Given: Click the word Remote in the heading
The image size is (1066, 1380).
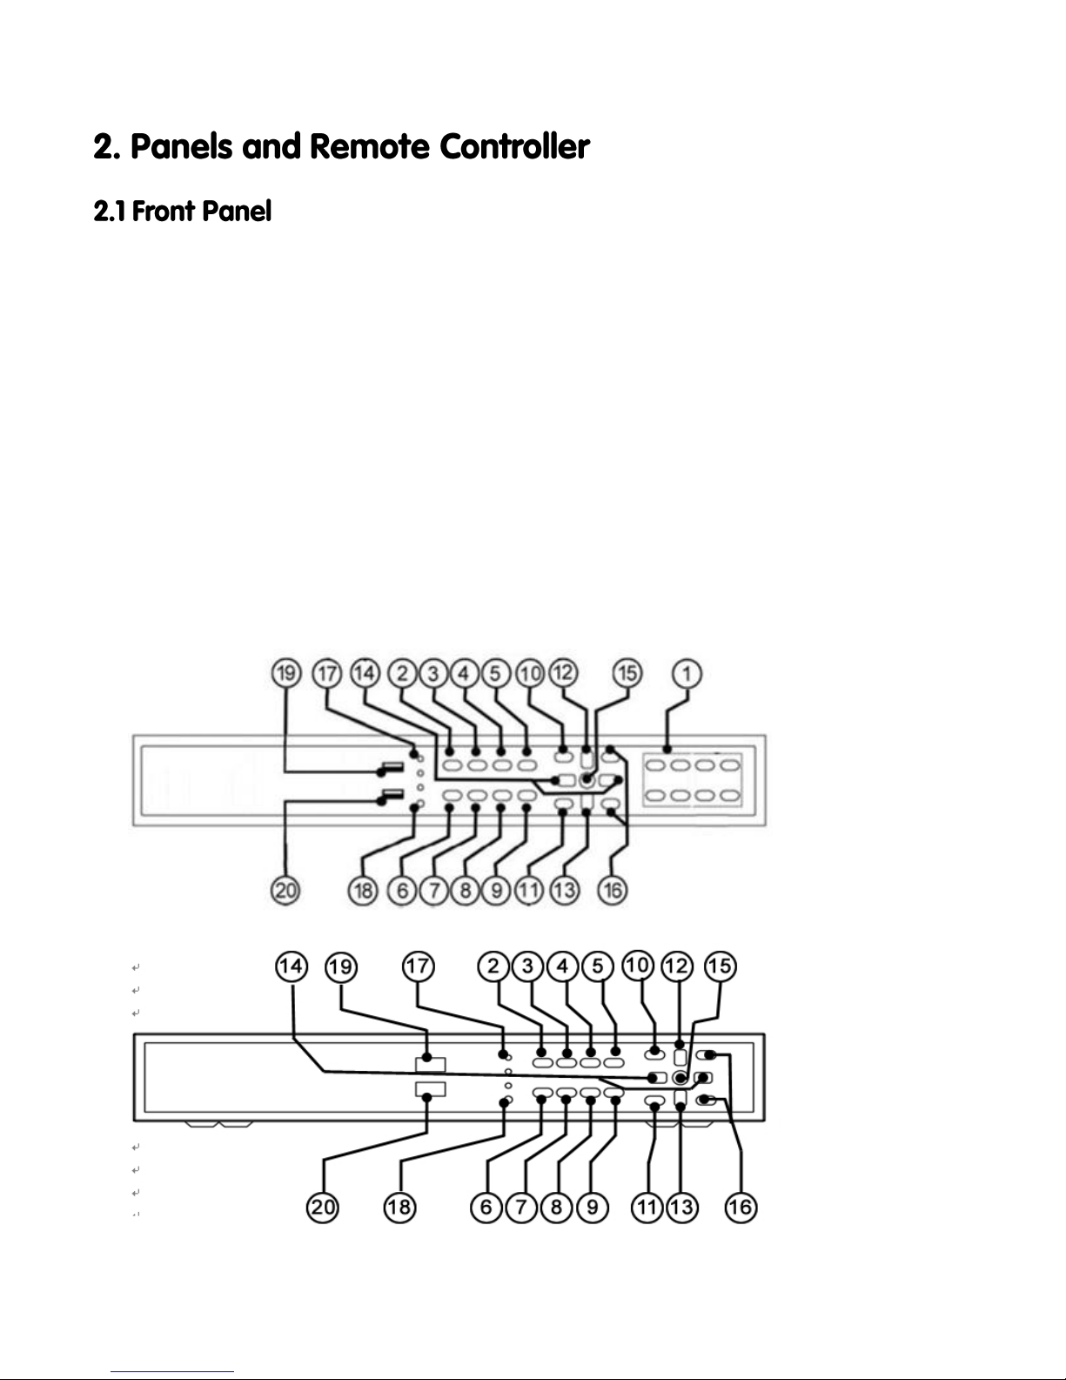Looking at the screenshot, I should (x=369, y=147).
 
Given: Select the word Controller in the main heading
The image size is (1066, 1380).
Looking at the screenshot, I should (x=513, y=147).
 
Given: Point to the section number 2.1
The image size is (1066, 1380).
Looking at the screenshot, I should (x=110, y=211).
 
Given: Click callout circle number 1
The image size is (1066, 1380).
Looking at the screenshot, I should (x=687, y=674).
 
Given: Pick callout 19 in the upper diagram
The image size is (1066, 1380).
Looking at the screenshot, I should (x=286, y=674).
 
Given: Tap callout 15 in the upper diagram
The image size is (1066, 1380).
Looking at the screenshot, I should (x=627, y=674).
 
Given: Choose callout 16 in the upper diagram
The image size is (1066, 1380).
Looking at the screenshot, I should (x=613, y=891).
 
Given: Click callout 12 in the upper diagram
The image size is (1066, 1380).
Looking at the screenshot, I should (x=563, y=674).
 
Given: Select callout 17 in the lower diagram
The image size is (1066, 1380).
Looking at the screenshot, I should (x=419, y=967).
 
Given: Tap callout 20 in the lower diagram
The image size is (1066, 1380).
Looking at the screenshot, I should (x=325, y=1208).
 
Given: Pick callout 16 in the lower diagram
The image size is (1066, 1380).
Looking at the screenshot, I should (x=741, y=1208).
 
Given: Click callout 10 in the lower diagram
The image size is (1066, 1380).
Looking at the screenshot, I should (x=638, y=967).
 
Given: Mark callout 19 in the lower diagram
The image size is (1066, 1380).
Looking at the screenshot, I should (x=342, y=967).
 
